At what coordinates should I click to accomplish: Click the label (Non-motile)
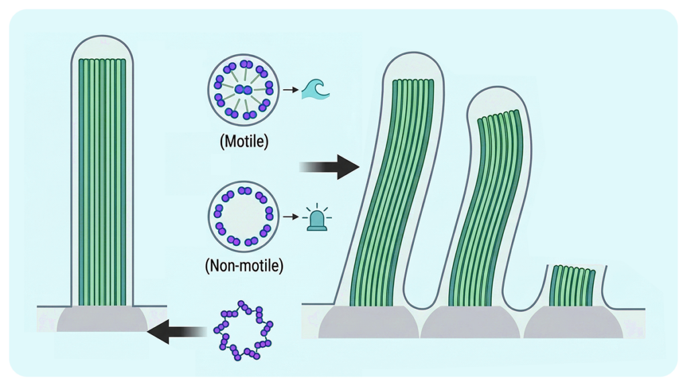[244, 265]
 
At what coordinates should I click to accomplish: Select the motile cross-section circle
[243, 90]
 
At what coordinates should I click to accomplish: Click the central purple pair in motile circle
[243, 90]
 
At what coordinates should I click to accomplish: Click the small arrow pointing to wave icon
[289, 89]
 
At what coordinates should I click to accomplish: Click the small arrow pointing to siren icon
[289, 217]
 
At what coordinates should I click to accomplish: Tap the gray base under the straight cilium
[102, 320]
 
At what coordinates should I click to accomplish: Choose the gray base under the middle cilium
[470, 324]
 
